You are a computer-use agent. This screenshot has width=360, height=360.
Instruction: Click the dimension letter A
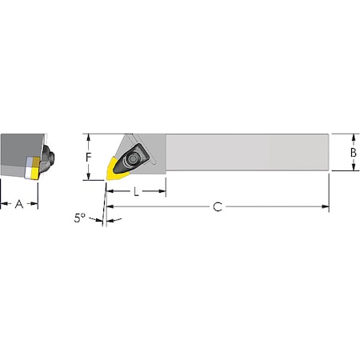click(x=19, y=204)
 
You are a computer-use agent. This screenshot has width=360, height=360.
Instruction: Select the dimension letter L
click(x=137, y=192)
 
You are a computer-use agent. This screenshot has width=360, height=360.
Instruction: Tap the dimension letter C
click(x=217, y=207)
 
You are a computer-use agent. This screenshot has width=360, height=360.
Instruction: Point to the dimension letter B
click(x=352, y=152)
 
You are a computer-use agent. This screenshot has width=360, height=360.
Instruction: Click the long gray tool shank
click(x=248, y=152)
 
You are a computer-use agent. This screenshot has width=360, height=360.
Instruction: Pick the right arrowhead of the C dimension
click(x=326, y=207)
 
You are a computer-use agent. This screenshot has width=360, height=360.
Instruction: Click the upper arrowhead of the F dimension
click(x=90, y=137)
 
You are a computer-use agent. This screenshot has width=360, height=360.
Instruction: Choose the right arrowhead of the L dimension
click(x=162, y=192)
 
